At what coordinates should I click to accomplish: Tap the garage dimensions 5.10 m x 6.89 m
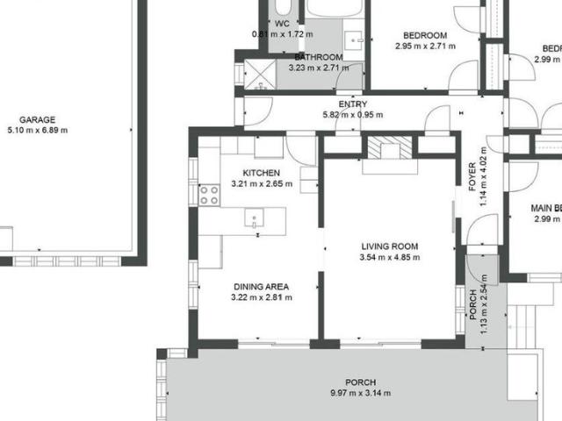(x=37, y=131)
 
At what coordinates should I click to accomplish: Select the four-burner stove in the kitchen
(x=209, y=195)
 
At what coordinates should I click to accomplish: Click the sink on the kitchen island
(x=254, y=218)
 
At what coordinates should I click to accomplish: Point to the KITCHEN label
(x=261, y=173)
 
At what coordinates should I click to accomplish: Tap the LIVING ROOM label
(x=389, y=246)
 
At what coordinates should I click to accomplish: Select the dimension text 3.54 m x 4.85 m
(x=389, y=258)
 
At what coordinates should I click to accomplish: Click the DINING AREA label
(x=261, y=287)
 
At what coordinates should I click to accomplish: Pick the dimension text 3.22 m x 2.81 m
(x=261, y=297)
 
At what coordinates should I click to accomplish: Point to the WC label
(x=282, y=24)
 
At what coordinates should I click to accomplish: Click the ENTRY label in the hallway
(x=353, y=104)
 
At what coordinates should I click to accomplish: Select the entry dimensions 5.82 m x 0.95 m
(x=353, y=115)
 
